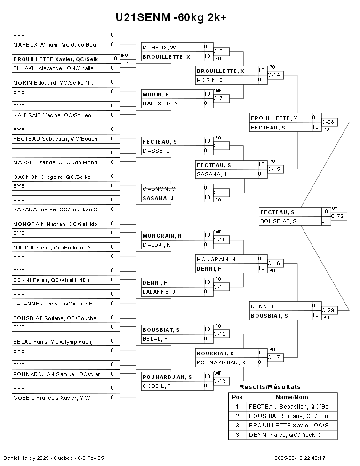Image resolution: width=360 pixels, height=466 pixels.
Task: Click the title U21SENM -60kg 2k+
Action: click(171, 18)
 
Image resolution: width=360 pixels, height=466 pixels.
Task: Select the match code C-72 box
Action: click(339, 216)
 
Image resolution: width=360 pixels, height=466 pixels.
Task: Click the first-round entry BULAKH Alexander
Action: click(61, 68)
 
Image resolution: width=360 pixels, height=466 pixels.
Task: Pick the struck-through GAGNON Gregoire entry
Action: click(61, 177)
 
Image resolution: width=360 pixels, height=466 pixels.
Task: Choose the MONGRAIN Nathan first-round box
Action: click(61, 224)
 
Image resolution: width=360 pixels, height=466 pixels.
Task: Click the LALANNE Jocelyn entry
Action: click(61, 304)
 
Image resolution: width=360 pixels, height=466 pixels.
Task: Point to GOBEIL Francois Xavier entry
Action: click(61, 398)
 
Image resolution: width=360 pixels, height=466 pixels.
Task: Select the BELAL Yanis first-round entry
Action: click(61, 341)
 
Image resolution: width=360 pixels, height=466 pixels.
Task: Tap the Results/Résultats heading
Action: click(270, 387)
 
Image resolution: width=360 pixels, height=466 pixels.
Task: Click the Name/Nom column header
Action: click(292, 397)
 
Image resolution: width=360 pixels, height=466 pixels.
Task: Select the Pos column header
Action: click(237, 397)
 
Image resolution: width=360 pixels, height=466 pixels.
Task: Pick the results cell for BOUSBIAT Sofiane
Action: click(292, 416)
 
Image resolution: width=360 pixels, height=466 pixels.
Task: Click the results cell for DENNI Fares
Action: click(292, 434)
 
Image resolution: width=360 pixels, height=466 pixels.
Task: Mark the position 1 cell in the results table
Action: click(237, 406)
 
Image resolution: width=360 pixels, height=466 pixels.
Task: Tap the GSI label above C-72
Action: click(335, 208)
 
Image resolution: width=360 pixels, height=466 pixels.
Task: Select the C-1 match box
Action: click(128, 63)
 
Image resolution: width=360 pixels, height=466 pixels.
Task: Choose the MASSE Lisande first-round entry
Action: click(61, 162)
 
